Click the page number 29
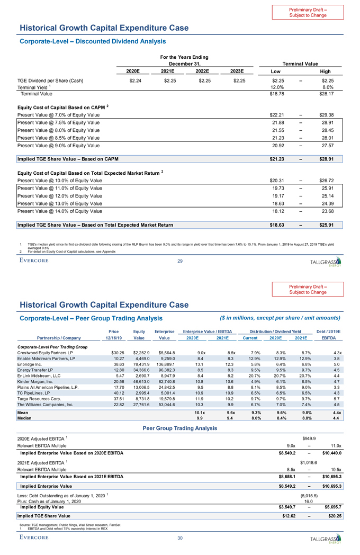point(180,261)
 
